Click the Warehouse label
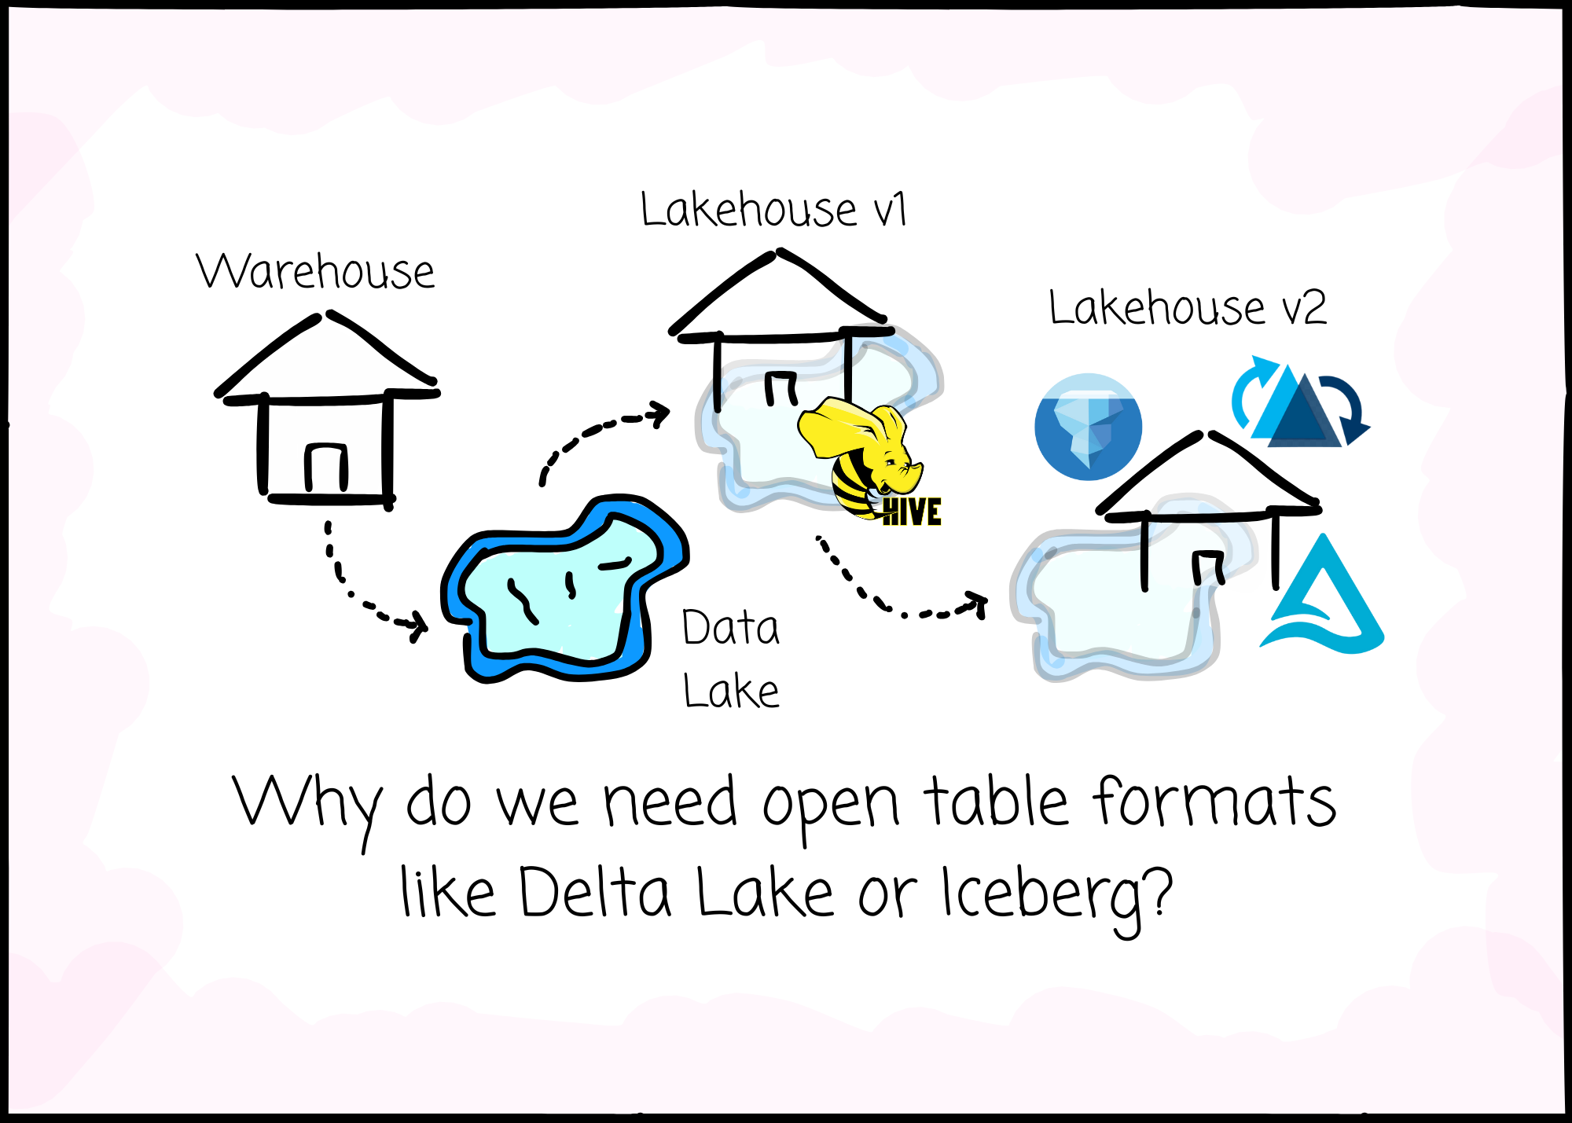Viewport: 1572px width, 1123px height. (x=315, y=272)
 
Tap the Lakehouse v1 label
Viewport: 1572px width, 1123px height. (x=773, y=210)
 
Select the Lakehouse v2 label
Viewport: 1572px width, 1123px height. (x=1187, y=307)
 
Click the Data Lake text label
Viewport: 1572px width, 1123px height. (x=730, y=659)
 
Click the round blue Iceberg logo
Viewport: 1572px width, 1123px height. (x=1088, y=427)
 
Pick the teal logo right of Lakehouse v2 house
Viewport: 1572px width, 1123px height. (x=1324, y=601)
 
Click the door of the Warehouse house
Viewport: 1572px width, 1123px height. (x=325, y=469)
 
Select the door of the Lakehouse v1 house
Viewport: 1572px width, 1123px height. (x=780, y=389)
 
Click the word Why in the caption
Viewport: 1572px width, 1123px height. (x=307, y=803)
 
